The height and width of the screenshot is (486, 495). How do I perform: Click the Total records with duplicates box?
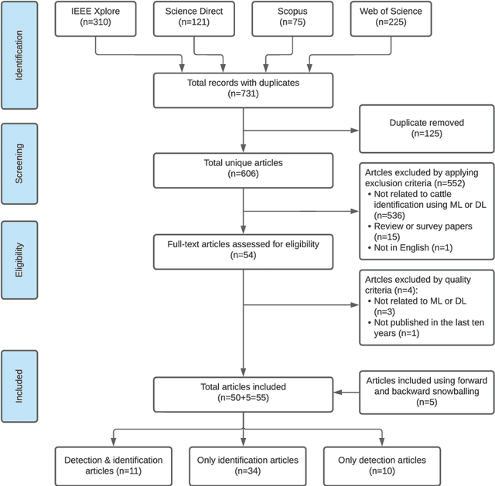(x=244, y=88)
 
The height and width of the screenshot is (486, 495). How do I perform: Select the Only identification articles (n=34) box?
(x=244, y=464)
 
